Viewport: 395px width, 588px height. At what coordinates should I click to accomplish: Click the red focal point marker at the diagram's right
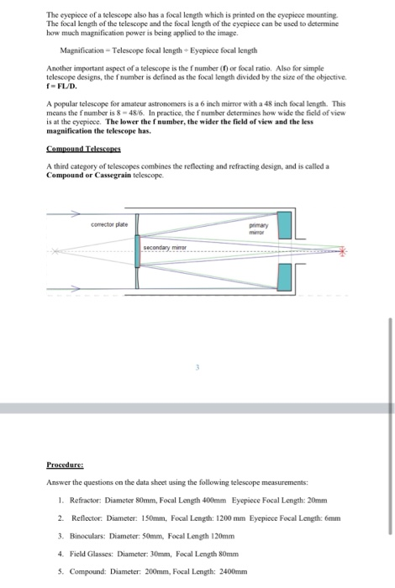point(342,251)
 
